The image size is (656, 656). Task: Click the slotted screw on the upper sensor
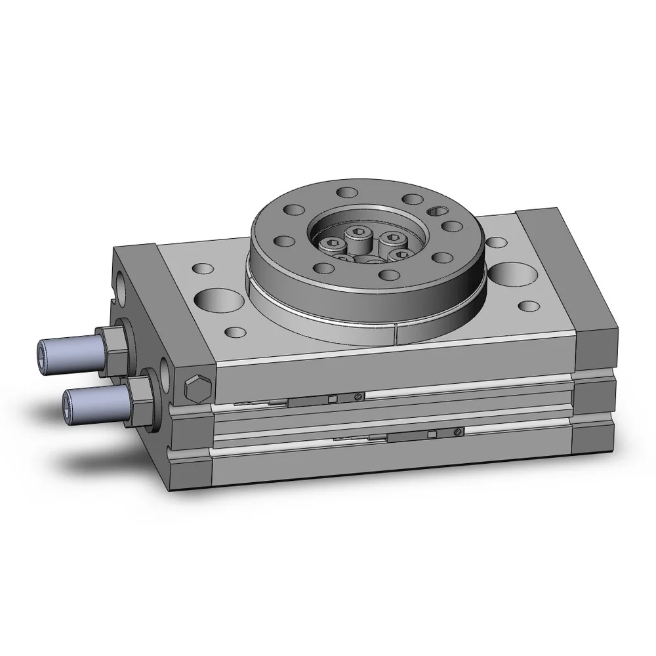358,396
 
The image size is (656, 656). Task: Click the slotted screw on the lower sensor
457,432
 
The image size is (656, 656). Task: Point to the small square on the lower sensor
431,434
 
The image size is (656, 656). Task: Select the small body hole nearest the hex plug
234,331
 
